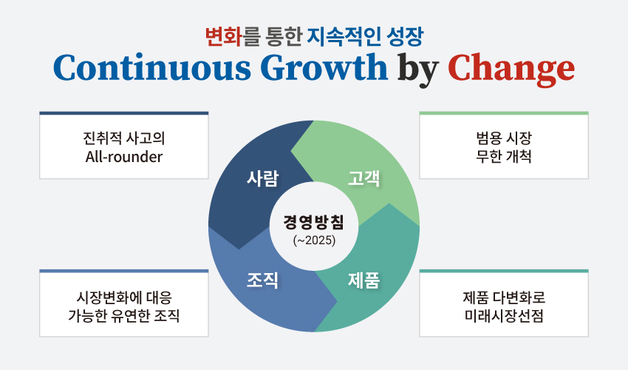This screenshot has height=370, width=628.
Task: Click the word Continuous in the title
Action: (x=152, y=67)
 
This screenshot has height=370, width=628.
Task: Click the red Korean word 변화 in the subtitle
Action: (x=224, y=36)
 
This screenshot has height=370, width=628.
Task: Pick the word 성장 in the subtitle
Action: (x=405, y=36)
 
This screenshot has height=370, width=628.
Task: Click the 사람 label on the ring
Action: (x=262, y=178)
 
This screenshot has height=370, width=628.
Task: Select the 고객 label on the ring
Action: (x=364, y=178)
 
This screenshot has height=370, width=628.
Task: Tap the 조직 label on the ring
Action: (x=262, y=280)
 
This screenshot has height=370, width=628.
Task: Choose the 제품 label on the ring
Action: (x=364, y=280)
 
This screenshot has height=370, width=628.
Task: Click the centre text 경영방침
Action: (x=313, y=222)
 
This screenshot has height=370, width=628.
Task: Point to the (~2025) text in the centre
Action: (x=314, y=240)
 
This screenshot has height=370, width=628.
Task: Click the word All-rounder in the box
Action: (x=124, y=157)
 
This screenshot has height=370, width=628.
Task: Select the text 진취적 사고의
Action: (x=124, y=138)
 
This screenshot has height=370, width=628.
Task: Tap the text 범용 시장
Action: (x=504, y=138)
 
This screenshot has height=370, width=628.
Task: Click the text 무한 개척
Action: (x=504, y=156)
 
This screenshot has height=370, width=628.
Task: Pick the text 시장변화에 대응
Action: (x=124, y=297)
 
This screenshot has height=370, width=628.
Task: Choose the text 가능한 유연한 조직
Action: (x=124, y=315)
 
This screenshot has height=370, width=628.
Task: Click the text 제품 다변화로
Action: (x=504, y=297)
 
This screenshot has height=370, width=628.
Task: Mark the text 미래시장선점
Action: (x=504, y=315)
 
